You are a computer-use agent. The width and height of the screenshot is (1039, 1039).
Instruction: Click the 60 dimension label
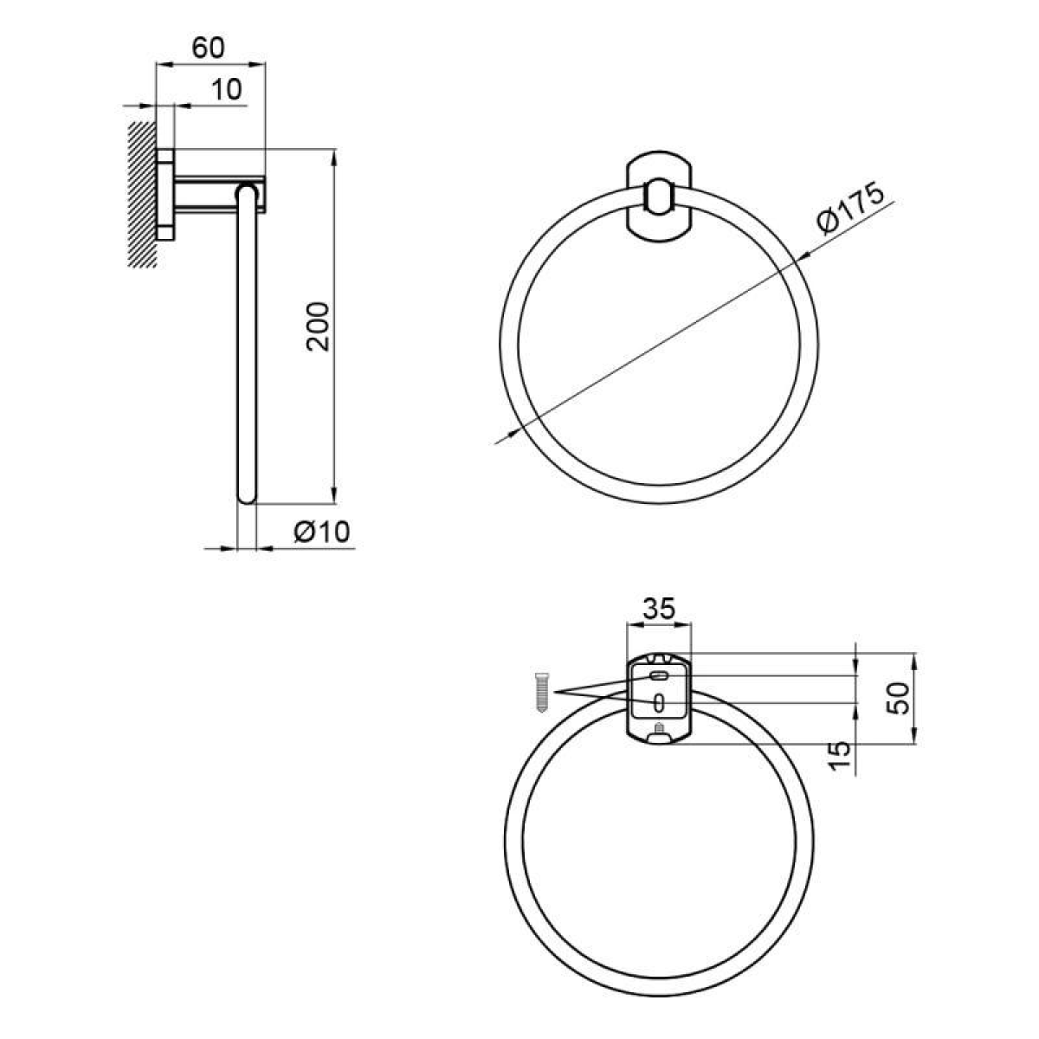[x=208, y=48]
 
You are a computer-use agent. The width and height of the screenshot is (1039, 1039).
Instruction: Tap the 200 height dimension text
[x=318, y=327]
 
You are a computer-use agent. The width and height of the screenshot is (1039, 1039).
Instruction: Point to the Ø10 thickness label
[x=322, y=532]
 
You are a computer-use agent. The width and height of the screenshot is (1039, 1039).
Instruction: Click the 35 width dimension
[x=659, y=609]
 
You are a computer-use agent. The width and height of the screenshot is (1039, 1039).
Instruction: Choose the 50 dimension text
[x=898, y=698]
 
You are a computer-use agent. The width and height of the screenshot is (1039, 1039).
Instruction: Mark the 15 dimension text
[x=838, y=755]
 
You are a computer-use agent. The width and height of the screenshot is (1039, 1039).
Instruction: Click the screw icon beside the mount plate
[x=541, y=693]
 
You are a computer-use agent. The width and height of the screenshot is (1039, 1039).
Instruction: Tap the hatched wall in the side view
[x=142, y=195]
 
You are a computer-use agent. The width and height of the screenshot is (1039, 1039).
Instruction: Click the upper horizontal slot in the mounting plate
[x=659, y=675]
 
